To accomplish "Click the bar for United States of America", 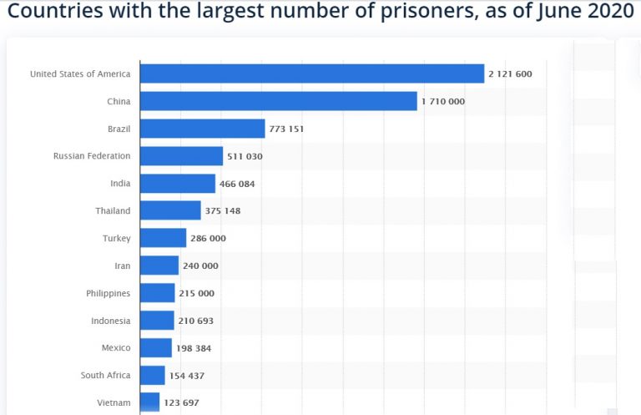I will [x=312, y=73].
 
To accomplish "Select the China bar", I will [x=278, y=101].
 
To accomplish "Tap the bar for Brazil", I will [x=202, y=129].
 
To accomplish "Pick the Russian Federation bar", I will [x=181, y=156].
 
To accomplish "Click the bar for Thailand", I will [x=170, y=210].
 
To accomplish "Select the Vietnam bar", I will [x=149, y=402].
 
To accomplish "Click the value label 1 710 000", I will [x=442, y=102].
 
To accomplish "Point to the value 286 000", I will [x=208, y=238].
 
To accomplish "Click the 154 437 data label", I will [x=186, y=376].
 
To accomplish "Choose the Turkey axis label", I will [x=116, y=238].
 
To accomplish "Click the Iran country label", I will [x=122, y=266].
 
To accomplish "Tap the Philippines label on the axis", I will [x=108, y=293].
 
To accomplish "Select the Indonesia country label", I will [x=110, y=321].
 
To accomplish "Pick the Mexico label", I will [x=115, y=348].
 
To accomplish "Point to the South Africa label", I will [x=105, y=376].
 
